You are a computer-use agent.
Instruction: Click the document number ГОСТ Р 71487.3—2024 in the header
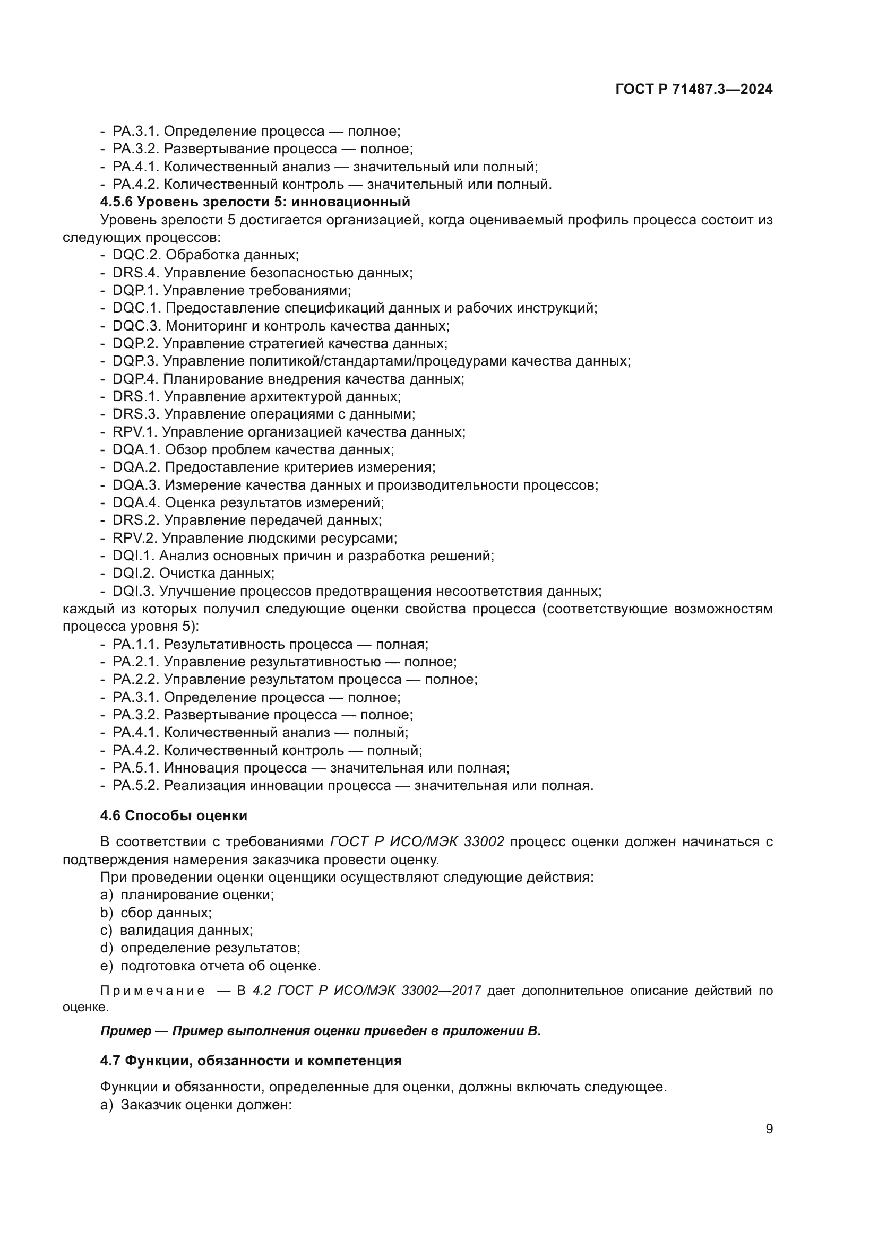694,90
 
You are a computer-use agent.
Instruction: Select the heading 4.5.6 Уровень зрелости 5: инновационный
255,202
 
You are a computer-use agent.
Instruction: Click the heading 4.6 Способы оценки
174,815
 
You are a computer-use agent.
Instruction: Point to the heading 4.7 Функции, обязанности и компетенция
251,1061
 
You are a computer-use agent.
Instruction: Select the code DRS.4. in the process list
136,273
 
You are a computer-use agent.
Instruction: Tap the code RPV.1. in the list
135,432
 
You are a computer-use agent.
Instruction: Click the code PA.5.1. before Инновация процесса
136,768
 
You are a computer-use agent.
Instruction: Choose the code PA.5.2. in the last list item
136,786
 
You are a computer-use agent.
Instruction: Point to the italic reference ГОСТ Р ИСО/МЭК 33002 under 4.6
417,841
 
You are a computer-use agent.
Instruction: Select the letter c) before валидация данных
106,930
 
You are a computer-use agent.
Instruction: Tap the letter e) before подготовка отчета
106,966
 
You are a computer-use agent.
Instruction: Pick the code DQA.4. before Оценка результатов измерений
136,503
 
